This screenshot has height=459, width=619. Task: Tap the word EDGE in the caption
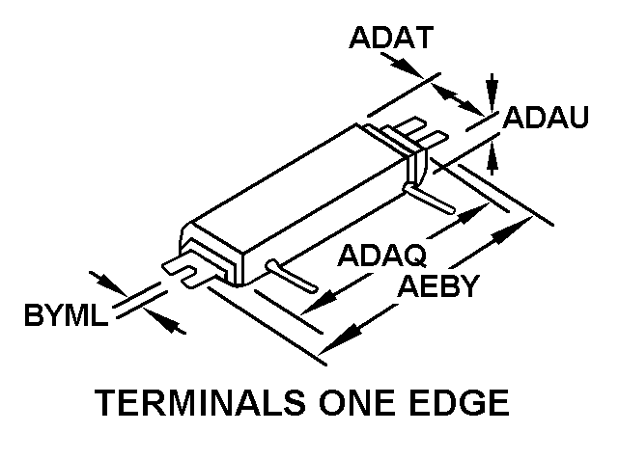point(462,404)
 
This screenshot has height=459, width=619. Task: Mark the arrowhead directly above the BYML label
point(112,287)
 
